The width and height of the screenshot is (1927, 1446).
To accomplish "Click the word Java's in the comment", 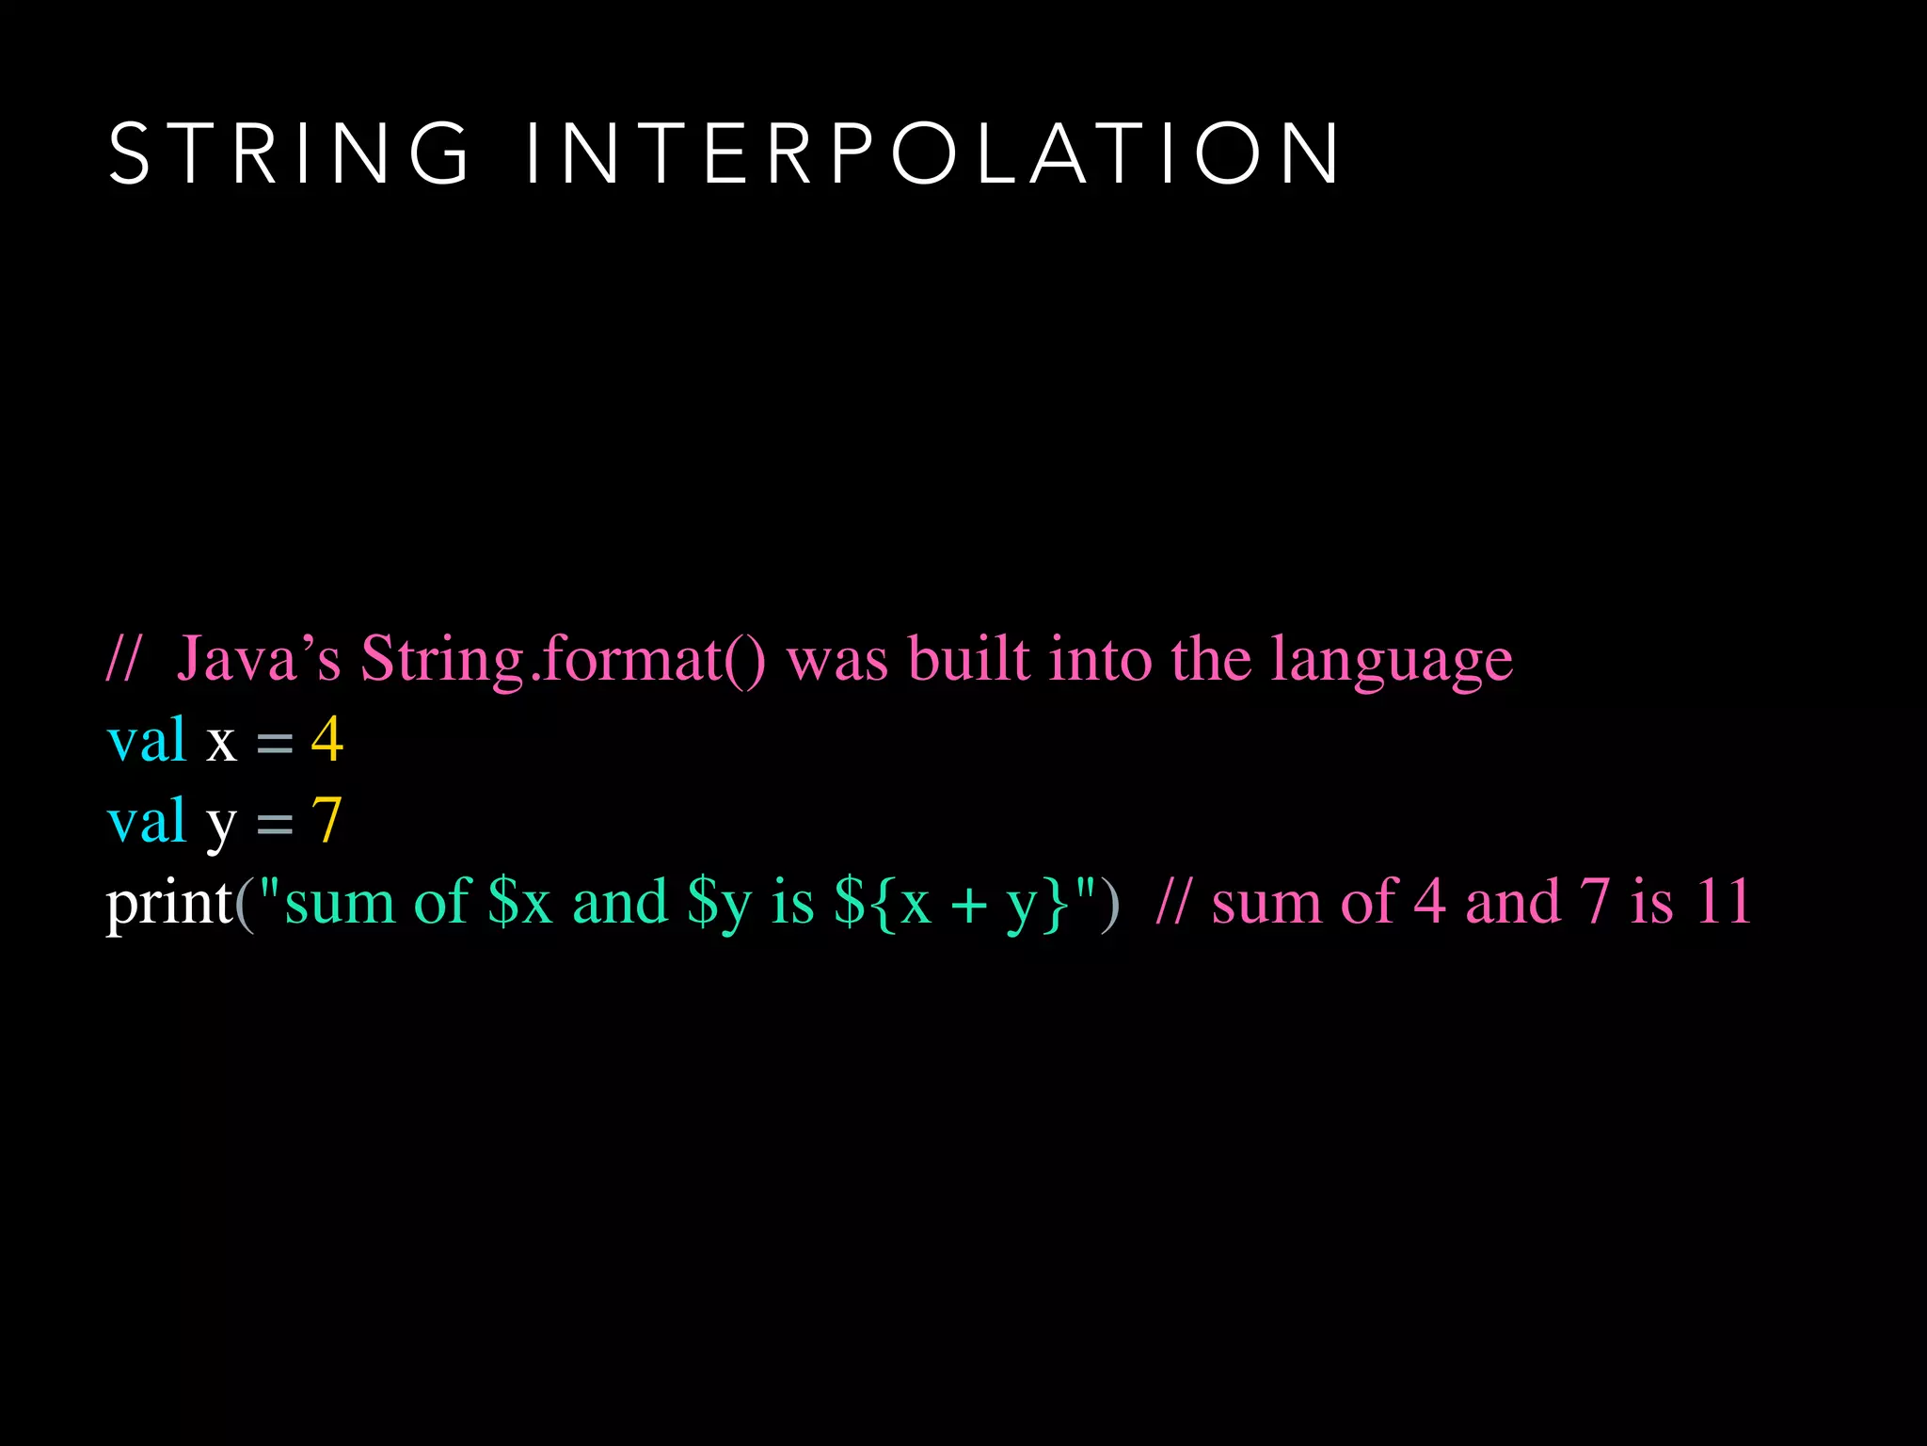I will pos(259,658).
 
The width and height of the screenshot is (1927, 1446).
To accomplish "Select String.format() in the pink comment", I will pos(563,658).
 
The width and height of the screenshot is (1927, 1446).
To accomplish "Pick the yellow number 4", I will pos(327,740).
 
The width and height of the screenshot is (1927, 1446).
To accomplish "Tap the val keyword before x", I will pos(147,740).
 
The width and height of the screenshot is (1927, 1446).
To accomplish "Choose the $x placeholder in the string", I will pos(519,902).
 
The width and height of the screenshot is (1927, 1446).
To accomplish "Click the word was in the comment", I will pos(836,660).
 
